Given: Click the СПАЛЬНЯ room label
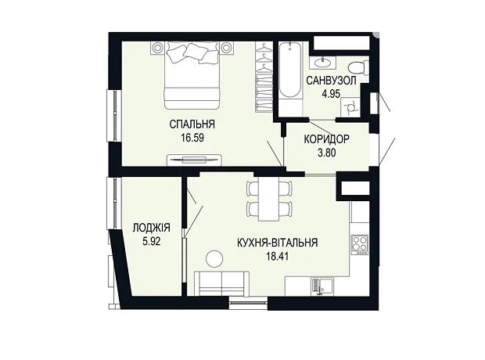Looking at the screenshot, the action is [192, 124].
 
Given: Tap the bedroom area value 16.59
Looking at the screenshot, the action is [192, 138].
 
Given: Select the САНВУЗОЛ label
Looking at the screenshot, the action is [331, 81].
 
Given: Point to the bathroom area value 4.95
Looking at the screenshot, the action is [331, 93].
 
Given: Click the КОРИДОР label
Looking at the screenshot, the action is [327, 139].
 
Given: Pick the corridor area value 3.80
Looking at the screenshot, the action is [327, 153].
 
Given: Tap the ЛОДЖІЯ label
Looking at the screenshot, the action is [151, 229].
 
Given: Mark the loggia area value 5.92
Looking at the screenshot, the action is [152, 241].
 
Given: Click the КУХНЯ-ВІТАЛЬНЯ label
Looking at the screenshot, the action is [278, 243].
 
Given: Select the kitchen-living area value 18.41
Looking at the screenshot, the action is [278, 256].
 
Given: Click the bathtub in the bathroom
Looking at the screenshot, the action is [289, 71].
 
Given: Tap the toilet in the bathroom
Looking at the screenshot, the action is [358, 67].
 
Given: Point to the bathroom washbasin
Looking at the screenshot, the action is [323, 63].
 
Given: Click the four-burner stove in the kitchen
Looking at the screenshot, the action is [360, 245].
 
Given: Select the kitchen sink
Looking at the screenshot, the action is [322, 286].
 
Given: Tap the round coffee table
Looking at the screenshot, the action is [214, 258].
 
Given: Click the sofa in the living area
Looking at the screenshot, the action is [222, 283].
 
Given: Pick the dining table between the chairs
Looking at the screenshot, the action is [268, 199].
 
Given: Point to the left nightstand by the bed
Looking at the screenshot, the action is [157, 48].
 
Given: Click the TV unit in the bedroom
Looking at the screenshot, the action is [195, 160].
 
